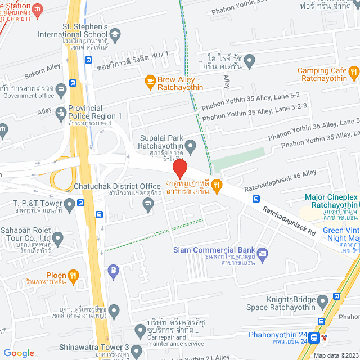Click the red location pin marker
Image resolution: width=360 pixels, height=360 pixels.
tap(179, 169)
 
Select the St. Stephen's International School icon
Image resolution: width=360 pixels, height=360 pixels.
tap(115, 34)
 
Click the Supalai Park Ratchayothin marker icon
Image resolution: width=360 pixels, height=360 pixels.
tap(191, 147)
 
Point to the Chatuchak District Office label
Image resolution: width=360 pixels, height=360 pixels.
tap(117, 186)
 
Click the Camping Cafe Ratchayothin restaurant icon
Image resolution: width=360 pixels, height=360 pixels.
tap(353, 71)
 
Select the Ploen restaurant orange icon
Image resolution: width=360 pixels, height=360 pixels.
tap(73, 275)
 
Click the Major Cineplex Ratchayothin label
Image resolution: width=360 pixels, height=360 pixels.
tap(332, 201)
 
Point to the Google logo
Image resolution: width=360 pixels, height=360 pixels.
tap(19, 353)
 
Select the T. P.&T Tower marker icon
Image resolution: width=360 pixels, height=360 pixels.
tap(70, 203)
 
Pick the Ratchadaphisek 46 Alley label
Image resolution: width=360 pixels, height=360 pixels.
tap(280, 174)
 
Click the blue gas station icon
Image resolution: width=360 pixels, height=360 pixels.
tap(113, 270)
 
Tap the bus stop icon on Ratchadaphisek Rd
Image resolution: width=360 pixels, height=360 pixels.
tap(256, 199)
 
